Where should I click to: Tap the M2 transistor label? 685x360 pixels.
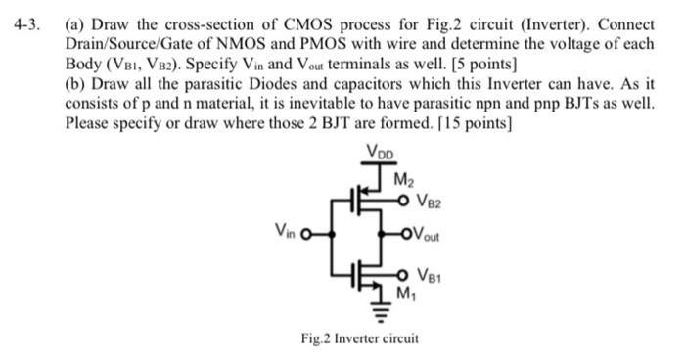click(402, 179)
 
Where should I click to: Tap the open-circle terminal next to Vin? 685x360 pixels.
click(304, 236)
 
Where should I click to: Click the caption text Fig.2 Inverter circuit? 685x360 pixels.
click(359, 338)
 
